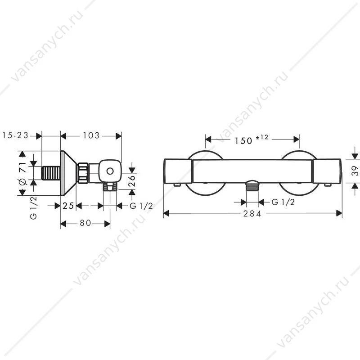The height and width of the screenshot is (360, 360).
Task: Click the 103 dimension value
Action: click(91, 135)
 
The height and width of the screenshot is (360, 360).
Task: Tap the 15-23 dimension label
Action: click(15, 135)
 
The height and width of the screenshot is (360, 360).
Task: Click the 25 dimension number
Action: click(68, 206)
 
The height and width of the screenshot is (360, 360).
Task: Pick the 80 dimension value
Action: click(85, 223)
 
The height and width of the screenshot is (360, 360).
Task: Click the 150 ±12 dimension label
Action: click(251, 139)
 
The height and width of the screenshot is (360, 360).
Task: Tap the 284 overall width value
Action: click(252, 214)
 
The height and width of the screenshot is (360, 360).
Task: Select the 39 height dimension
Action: click(355, 171)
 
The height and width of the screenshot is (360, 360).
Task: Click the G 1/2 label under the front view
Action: click(283, 202)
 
